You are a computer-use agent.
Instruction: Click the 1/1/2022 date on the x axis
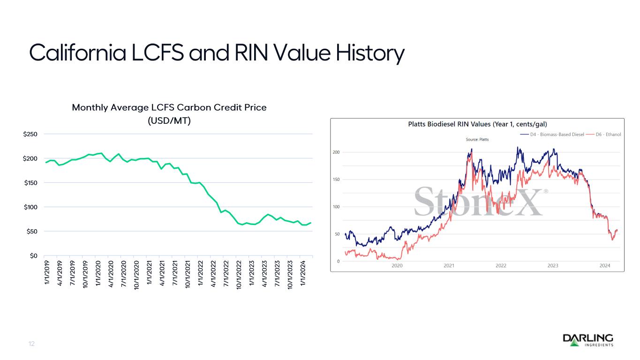pos(201,272)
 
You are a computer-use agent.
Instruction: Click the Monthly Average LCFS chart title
pos(169,107)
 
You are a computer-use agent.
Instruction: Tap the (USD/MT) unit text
pos(169,120)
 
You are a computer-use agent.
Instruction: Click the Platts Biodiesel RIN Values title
pos(476,124)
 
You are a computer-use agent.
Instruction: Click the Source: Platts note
pos(477,139)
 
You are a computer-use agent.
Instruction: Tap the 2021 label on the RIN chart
pos(449,266)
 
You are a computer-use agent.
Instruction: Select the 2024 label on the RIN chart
pos(605,266)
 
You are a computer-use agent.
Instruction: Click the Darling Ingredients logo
pos(587,340)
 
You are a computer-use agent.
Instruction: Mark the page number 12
pos(31,344)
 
